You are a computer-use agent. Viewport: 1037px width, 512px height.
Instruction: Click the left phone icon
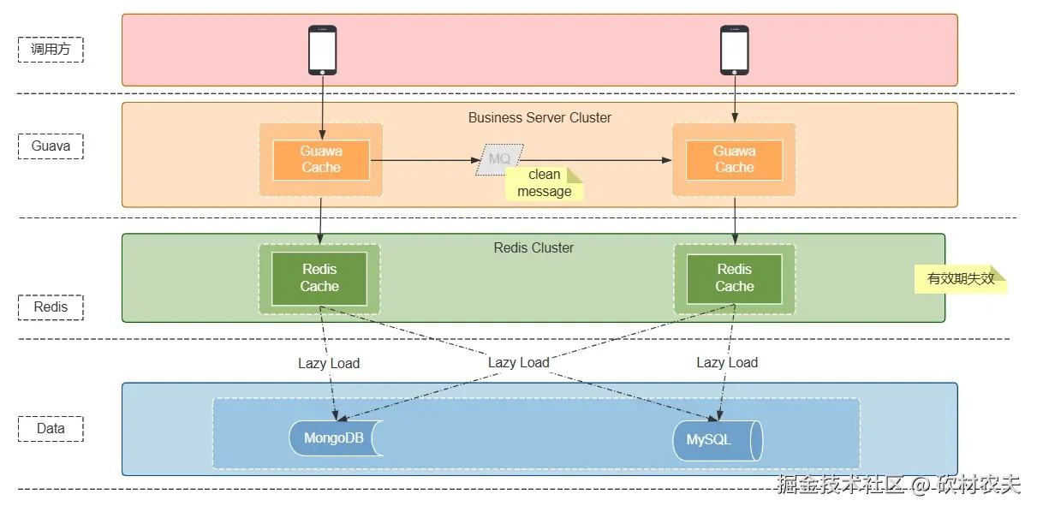pyautogui.click(x=322, y=50)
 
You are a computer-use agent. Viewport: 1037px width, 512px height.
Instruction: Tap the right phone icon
pyautogui.click(x=734, y=50)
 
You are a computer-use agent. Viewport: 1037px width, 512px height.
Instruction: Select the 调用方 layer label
pyautogui.click(x=51, y=50)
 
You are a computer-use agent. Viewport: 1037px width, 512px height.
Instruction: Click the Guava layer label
pyautogui.click(x=51, y=146)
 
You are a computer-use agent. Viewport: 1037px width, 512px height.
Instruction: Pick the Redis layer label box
pyautogui.click(x=51, y=307)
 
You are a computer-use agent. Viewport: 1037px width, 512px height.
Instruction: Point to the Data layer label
pyautogui.click(x=51, y=428)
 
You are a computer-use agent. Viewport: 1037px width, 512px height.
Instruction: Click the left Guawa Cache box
pyautogui.click(x=321, y=160)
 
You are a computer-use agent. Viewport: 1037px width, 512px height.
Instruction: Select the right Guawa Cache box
pyautogui.click(x=734, y=160)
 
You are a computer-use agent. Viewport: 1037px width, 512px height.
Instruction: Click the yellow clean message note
pyautogui.click(x=545, y=183)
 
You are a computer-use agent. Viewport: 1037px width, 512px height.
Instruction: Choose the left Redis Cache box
pyautogui.click(x=319, y=278)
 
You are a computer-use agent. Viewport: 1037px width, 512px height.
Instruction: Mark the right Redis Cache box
pyautogui.click(x=734, y=278)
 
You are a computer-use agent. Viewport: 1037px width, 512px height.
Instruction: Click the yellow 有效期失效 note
pyautogui.click(x=960, y=278)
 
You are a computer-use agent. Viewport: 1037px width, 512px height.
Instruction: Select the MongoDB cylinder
pyautogui.click(x=335, y=438)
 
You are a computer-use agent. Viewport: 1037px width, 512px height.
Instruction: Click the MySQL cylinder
pyautogui.click(x=717, y=440)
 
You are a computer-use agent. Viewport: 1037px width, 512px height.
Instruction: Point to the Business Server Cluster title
pyautogui.click(x=539, y=117)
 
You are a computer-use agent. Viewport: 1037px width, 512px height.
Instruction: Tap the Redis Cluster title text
pyautogui.click(x=533, y=247)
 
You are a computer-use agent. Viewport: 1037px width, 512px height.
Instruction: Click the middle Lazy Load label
pyautogui.click(x=519, y=362)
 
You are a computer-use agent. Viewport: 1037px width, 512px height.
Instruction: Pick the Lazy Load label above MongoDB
pyautogui.click(x=329, y=363)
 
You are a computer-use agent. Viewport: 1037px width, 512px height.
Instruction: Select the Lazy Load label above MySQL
pyautogui.click(x=727, y=362)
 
